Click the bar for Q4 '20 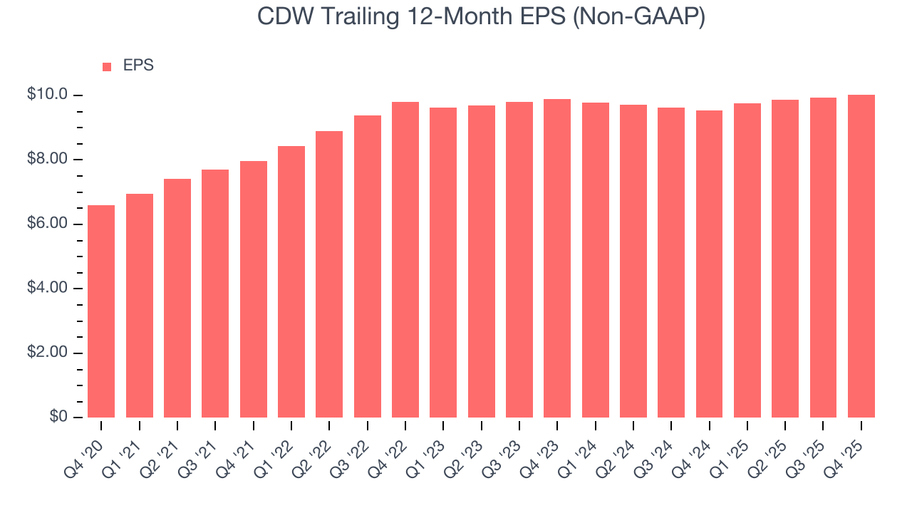pyautogui.click(x=101, y=311)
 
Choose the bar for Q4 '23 pyautogui.click(x=557, y=258)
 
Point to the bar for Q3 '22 pyautogui.click(x=367, y=266)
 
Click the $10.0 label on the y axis pyautogui.click(x=47, y=95)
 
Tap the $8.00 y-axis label pyautogui.click(x=47, y=160)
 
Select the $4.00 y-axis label pyautogui.click(x=47, y=289)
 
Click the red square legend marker pyautogui.click(x=107, y=66)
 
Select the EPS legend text pyautogui.click(x=138, y=66)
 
